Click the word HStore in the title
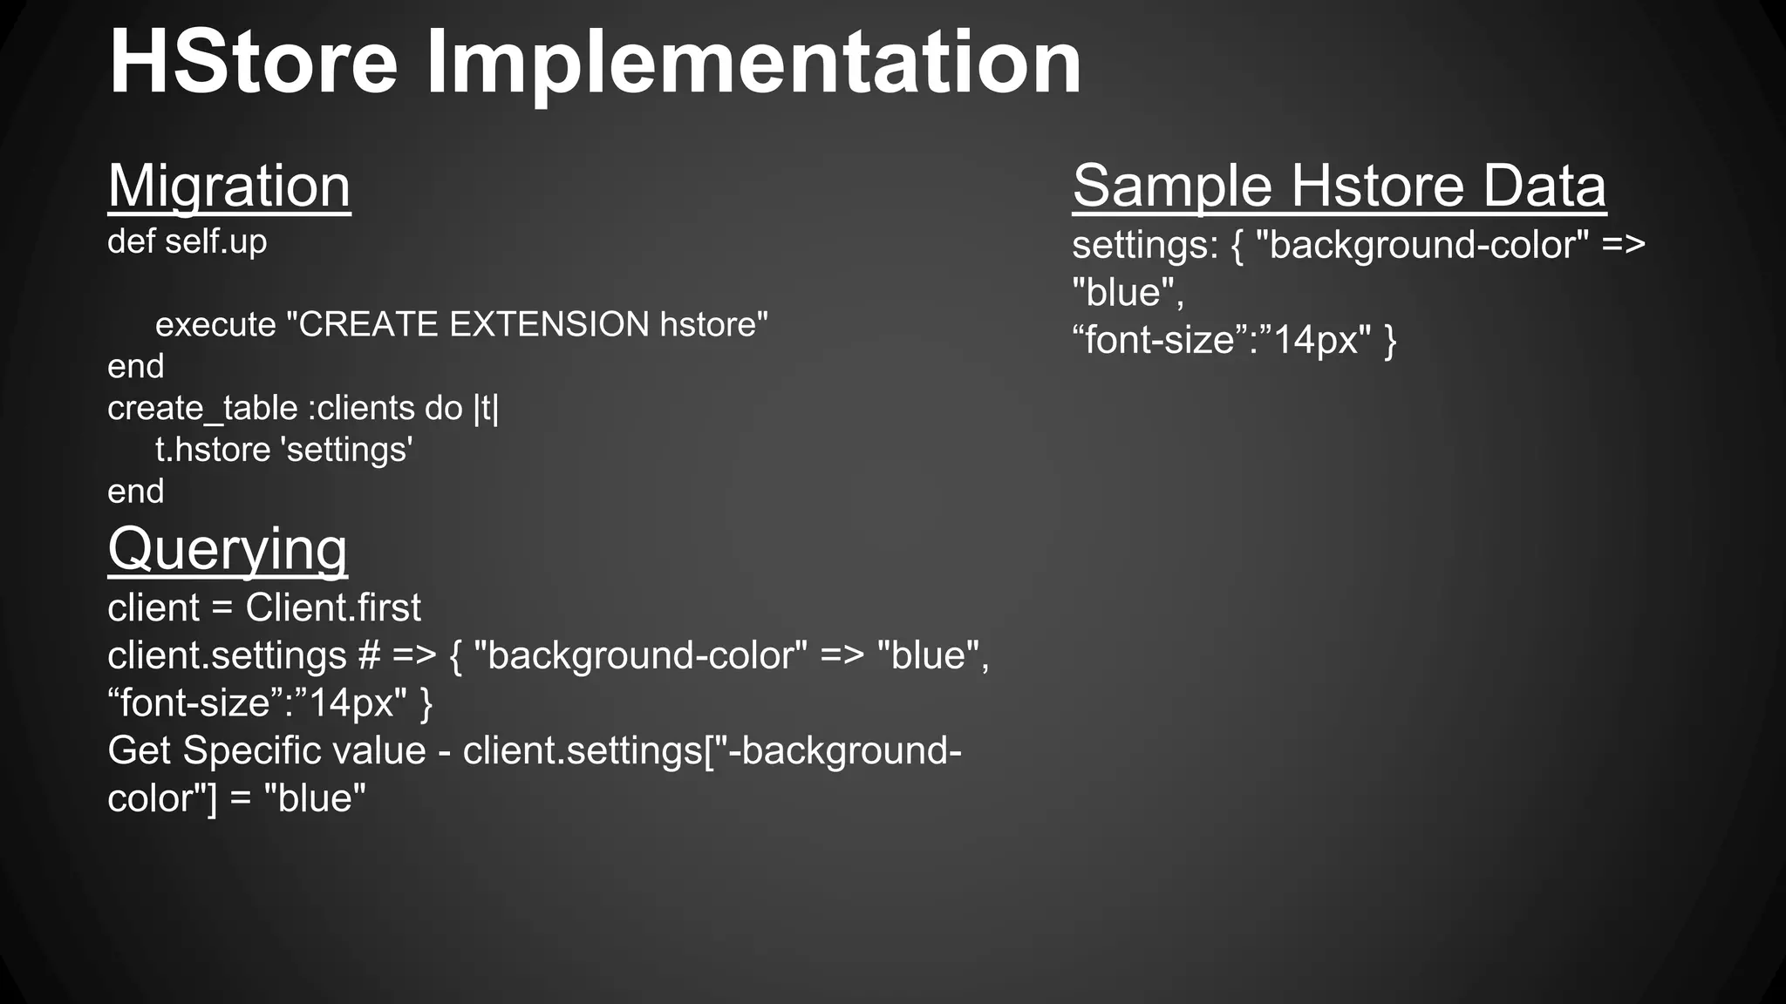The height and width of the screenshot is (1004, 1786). click(x=253, y=63)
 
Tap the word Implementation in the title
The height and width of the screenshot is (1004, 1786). click(x=753, y=63)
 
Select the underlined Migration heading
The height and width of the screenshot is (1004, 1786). click(x=229, y=186)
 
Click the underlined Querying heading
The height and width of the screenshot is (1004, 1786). click(x=228, y=549)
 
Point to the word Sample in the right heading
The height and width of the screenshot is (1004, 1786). click(x=1172, y=186)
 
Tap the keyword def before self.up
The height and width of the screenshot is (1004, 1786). click(x=131, y=241)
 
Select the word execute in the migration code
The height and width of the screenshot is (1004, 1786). click(x=215, y=325)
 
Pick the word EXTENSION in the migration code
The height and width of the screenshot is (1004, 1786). click(x=549, y=325)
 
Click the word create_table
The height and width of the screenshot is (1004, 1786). click(x=202, y=409)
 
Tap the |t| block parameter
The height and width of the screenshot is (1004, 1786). click(x=486, y=409)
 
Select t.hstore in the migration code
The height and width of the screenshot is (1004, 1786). click(x=213, y=451)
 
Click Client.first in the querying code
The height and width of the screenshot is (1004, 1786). click(x=333, y=608)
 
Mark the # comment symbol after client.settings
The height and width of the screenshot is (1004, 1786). click(x=368, y=656)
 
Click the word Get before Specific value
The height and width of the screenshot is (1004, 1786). click(x=139, y=751)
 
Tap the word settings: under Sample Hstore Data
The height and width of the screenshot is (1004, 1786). click(x=1145, y=245)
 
